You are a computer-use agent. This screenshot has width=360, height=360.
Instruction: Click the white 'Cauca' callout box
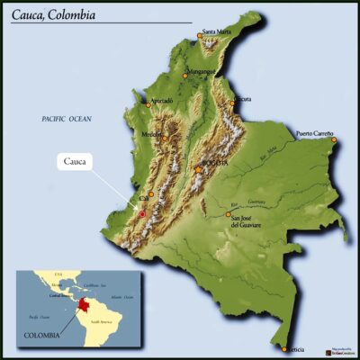tap(76, 162)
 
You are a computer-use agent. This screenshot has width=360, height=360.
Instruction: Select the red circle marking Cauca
tap(141, 214)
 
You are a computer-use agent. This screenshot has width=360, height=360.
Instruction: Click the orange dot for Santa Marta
tap(200, 37)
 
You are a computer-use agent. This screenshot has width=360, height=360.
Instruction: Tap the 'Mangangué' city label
tap(201, 70)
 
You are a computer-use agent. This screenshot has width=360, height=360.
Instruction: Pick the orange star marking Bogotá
tap(197, 168)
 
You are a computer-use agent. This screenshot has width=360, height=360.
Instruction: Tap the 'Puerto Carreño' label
tap(315, 133)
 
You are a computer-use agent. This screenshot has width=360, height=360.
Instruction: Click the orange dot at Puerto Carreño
tap(334, 139)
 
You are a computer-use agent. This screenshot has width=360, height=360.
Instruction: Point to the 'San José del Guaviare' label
tap(248, 222)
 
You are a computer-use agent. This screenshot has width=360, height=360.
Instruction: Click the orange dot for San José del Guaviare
tap(228, 215)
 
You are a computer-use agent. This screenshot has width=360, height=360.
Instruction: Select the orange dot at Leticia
tap(284, 349)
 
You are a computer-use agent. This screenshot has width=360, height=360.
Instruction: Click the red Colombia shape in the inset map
tap(85, 307)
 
